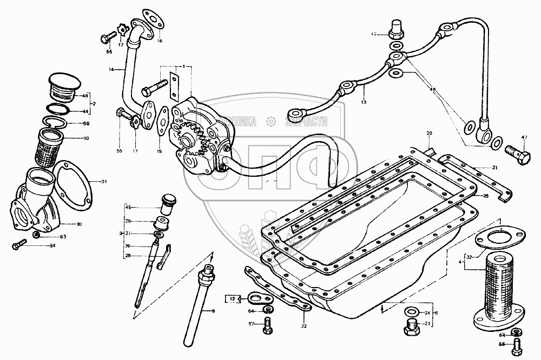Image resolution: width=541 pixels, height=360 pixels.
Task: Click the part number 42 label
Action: [x=372, y=34]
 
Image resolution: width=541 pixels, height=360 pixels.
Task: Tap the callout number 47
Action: [x=523, y=137]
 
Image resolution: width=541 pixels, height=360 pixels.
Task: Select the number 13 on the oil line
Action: [x=364, y=102]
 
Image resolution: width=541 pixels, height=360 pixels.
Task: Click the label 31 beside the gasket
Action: [x=104, y=182]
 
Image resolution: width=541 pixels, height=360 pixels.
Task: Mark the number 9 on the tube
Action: [x=213, y=311]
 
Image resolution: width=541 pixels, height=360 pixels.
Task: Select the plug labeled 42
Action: [x=396, y=27]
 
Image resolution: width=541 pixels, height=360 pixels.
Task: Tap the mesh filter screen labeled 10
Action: [x=51, y=148]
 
